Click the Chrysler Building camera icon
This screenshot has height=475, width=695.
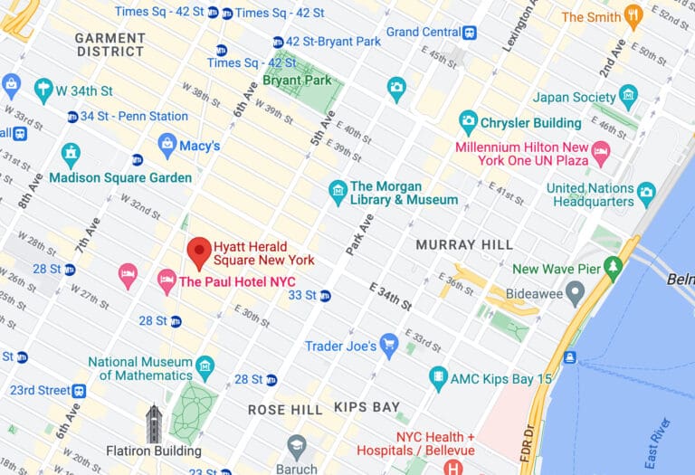[468, 122]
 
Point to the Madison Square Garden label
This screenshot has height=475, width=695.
[120, 177]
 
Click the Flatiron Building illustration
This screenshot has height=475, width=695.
[154, 424]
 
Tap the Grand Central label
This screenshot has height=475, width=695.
[424, 32]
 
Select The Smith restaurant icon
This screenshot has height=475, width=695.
[633, 16]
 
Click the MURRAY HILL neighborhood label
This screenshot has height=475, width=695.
[463, 244]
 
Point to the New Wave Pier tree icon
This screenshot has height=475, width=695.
[615, 269]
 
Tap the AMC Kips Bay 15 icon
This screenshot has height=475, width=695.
[439, 378]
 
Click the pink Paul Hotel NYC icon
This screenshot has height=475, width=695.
[167, 281]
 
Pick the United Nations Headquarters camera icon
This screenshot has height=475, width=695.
[646, 193]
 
